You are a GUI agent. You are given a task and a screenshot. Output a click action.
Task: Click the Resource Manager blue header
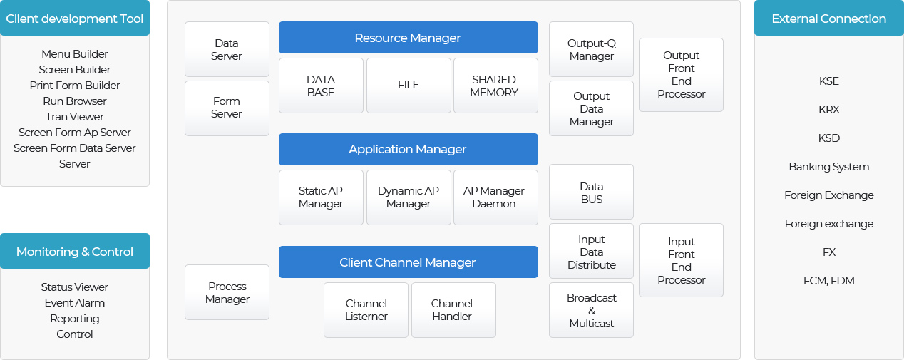click(408, 38)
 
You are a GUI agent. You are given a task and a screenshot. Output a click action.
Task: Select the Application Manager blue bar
click(408, 149)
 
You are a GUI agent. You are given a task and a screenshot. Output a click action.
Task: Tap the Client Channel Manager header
click(408, 262)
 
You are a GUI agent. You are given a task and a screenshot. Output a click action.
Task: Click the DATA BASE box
click(321, 86)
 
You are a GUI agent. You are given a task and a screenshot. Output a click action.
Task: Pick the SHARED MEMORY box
click(495, 86)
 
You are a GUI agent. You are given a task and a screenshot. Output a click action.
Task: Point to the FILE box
click(409, 86)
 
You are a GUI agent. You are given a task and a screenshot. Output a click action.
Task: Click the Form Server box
click(227, 108)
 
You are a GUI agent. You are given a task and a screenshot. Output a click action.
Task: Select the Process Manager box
click(227, 292)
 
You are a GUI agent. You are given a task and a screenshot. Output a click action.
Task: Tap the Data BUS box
click(591, 192)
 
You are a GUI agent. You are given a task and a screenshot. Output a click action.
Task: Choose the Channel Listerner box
click(366, 310)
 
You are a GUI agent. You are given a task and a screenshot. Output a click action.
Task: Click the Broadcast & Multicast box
click(591, 310)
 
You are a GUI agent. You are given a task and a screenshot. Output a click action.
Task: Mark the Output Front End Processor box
click(682, 75)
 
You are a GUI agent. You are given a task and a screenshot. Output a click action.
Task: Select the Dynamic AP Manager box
click(409, 197)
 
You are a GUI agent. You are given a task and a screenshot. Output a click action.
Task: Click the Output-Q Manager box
click(591, 49)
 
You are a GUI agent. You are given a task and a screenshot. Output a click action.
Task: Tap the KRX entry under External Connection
click(829, 109)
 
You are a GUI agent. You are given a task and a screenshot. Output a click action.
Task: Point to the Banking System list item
click(829, 167)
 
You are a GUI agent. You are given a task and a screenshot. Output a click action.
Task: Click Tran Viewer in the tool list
click(75, 117)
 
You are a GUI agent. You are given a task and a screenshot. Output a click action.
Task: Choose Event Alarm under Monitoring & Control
click(75, 303)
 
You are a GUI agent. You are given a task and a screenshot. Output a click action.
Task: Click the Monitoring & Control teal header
click(75, 251)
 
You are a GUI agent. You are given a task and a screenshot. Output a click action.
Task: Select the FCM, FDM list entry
click(829, 280)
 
